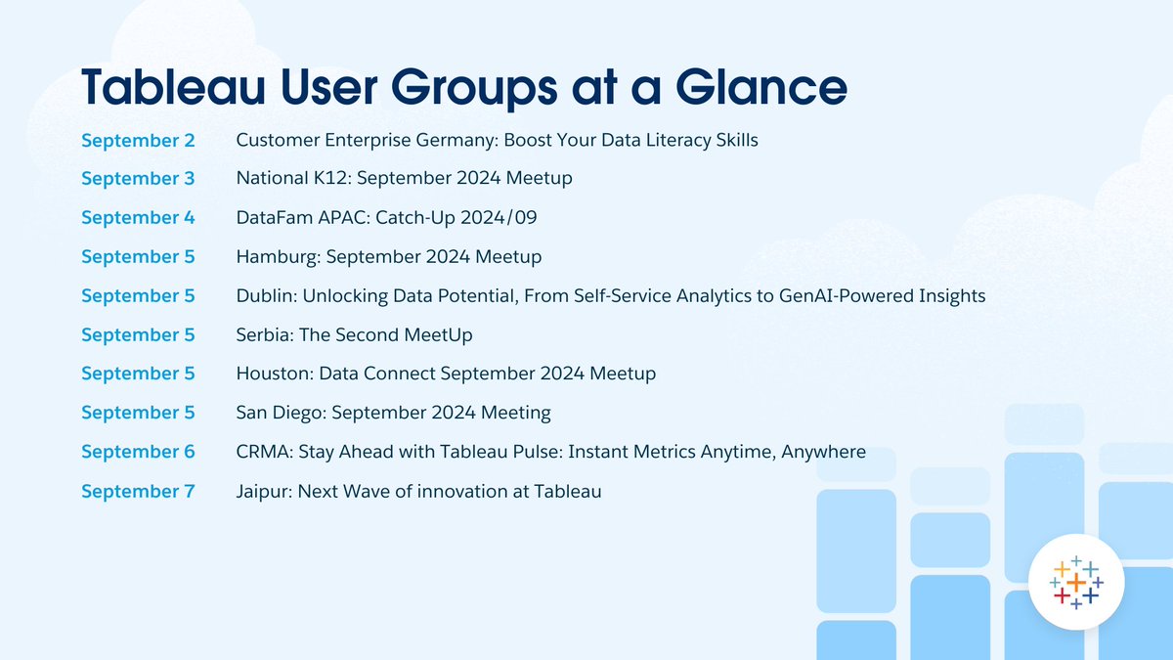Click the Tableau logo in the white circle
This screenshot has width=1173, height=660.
[1075, 582]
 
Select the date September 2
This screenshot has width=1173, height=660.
[138, 140]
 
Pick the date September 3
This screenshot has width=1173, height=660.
[138, 179]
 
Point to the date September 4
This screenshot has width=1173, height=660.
[138, 218]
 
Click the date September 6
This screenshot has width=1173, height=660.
[138, 452]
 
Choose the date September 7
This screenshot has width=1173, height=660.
[138, 491]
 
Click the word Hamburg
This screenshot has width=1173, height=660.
[278, 257]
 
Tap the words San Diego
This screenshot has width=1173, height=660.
[280, 413]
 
